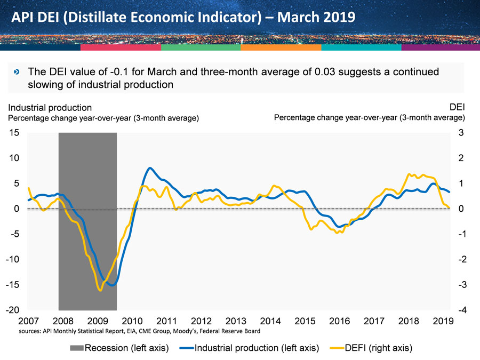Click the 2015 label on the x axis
coord(305,321)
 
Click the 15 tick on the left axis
coord(13,133)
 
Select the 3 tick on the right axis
coord(462,133)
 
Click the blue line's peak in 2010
coord(150,168)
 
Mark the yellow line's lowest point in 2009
coord(100,290)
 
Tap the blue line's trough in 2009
coord(111,285)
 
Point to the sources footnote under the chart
coord(139,331)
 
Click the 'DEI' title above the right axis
coord(457,108)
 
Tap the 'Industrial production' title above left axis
coord(50,108)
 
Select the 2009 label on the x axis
coord(98,321)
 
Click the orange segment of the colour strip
coord(281,47)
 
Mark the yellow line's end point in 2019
coord(450,208)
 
